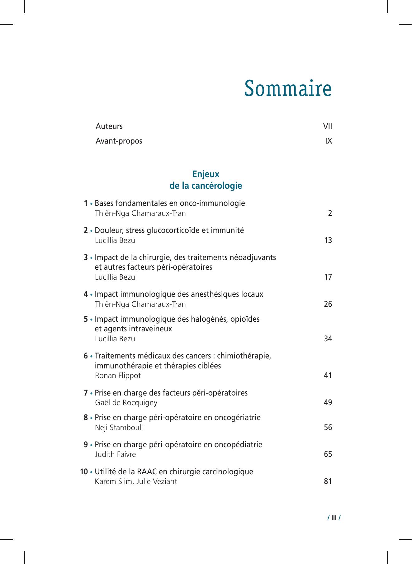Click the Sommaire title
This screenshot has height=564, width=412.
point(288,89)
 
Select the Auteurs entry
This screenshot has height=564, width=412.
point(109,126)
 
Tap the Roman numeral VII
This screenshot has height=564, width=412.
point(328,126)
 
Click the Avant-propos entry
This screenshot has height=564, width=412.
point(119,141)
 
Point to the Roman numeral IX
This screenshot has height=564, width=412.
point(329,141)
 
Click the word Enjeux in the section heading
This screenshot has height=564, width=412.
point(206,174)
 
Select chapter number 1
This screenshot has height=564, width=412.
point(86,203)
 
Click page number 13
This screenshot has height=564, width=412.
point(328,240)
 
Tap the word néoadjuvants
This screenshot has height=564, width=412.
point(253,258)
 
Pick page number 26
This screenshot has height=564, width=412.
point(328,304)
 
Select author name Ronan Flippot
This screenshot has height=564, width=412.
point(118,376)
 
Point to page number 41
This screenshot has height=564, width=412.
point(328,376)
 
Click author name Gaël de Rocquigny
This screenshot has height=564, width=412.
point(126,403)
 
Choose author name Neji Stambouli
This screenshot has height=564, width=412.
point(119,428)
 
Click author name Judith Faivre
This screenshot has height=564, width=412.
point(115,454)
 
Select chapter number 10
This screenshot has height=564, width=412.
point(84,472)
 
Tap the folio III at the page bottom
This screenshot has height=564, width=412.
point(334,518)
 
